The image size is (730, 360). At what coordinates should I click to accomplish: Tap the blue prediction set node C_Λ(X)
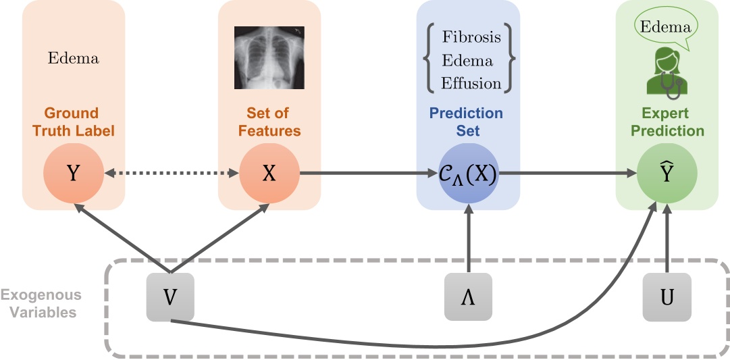[x=468, y=174]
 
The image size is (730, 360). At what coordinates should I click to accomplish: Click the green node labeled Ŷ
[x=667, y=174]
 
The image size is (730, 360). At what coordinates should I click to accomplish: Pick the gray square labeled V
[x=170, y=297]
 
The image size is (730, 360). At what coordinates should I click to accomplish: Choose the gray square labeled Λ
[x=468, y=297]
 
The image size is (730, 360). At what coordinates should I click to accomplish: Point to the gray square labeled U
[x=667, y=297]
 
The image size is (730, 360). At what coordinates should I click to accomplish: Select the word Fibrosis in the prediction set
[x=471, y=36]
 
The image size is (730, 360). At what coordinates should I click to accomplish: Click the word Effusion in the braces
[x=471, y=84]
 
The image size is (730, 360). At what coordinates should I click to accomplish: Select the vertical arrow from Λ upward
[x=468, y=240]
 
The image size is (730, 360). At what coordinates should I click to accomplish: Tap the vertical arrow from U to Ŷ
[x=667, y=240]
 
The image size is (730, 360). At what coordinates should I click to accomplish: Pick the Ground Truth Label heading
[x=73, y=122]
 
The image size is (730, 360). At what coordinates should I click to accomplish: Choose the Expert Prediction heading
[x=667, y=122]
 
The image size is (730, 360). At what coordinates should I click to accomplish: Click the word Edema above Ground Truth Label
[x=73, y=58]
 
